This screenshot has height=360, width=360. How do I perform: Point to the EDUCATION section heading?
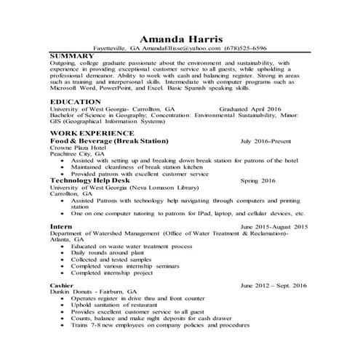[x=75, y=102]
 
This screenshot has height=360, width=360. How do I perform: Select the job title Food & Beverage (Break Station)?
[x=108, y=141]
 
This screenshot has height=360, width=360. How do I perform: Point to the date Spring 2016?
[x=258, y=180]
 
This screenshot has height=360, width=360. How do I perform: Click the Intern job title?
[x=62, y=227]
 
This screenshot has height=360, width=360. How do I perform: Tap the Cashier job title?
[x=64, y=285]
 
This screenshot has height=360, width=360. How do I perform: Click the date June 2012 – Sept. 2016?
[x=270, y=285]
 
